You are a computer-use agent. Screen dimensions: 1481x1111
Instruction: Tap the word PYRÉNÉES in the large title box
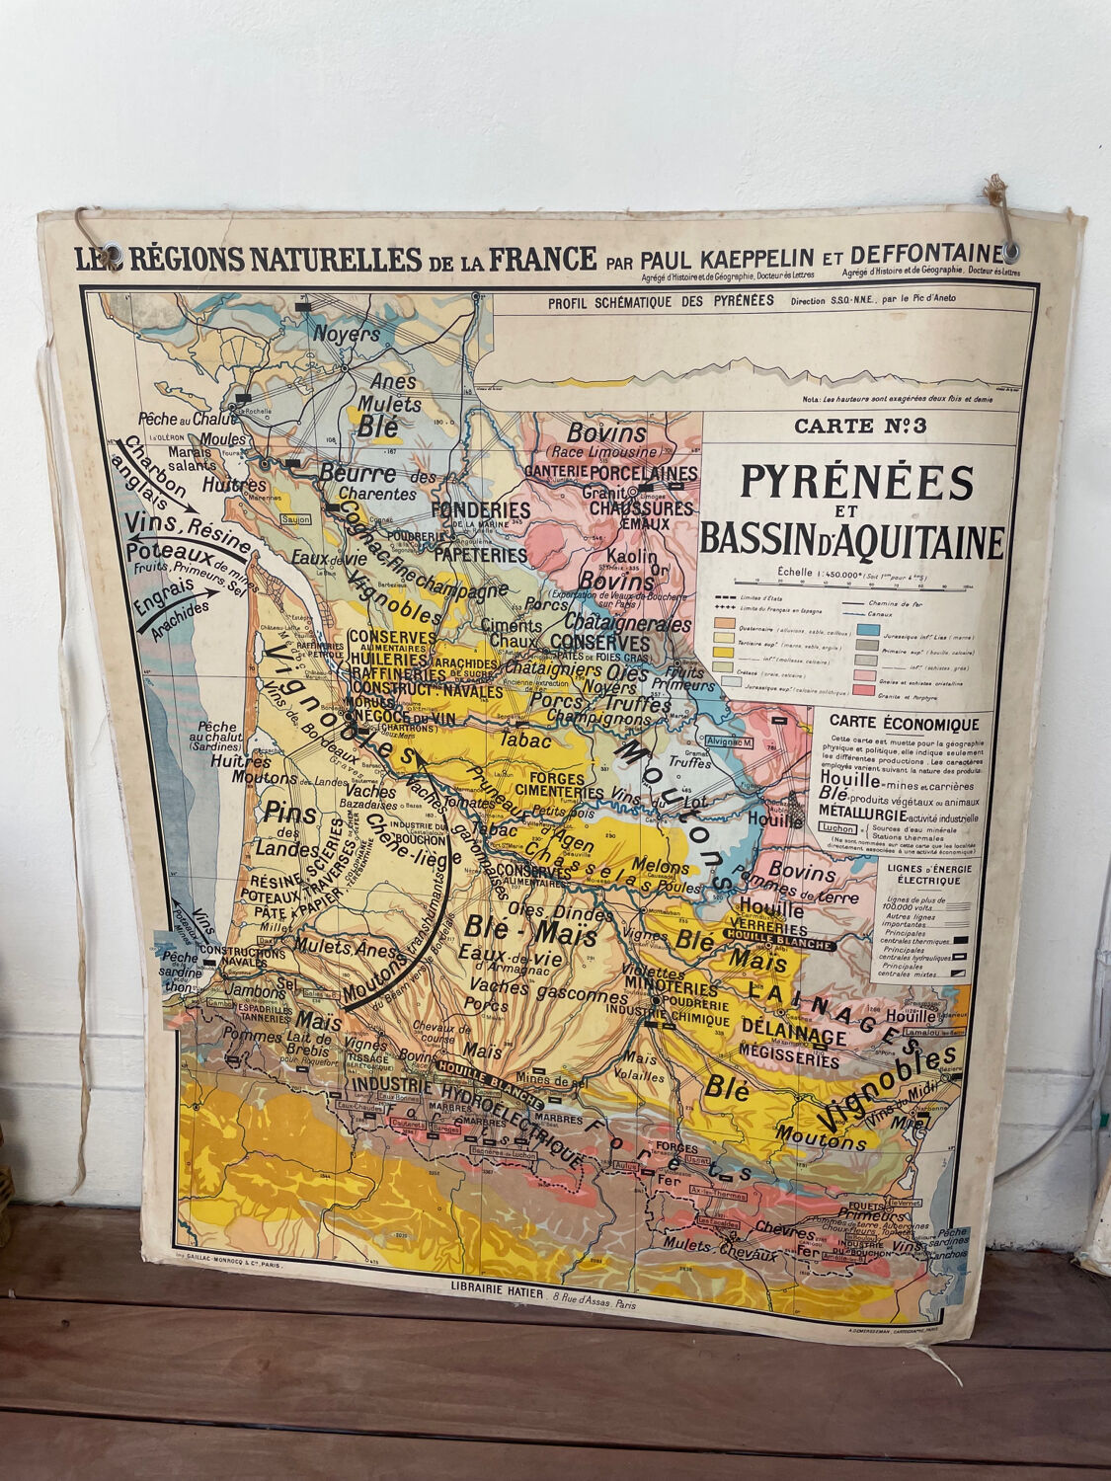(x=856, y=483)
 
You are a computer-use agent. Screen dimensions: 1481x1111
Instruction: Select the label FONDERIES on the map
(x=482, y=509)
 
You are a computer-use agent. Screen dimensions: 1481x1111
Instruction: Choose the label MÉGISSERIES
(x=786, y=1055)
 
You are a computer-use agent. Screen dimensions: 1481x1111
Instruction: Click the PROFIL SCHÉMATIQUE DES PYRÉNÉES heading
(x=662, y=301)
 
